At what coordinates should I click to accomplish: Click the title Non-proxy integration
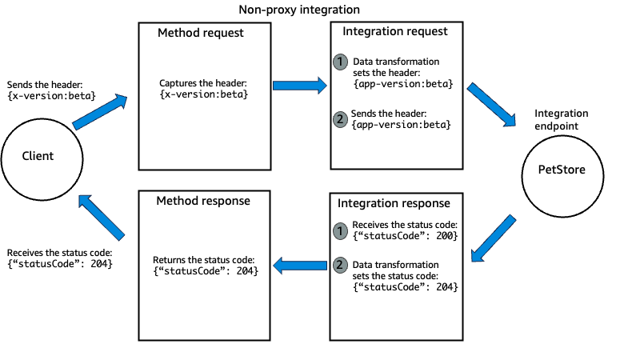[299, 10]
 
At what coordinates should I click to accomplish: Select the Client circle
[38, 156]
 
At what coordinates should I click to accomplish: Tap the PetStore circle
[560, 169]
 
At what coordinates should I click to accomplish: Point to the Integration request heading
[395, 32]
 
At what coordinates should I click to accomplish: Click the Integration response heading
[395, 203]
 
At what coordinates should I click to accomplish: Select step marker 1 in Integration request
[341, 62]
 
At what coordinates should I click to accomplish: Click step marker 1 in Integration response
[341, 230]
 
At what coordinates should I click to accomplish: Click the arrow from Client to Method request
[99, 111]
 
